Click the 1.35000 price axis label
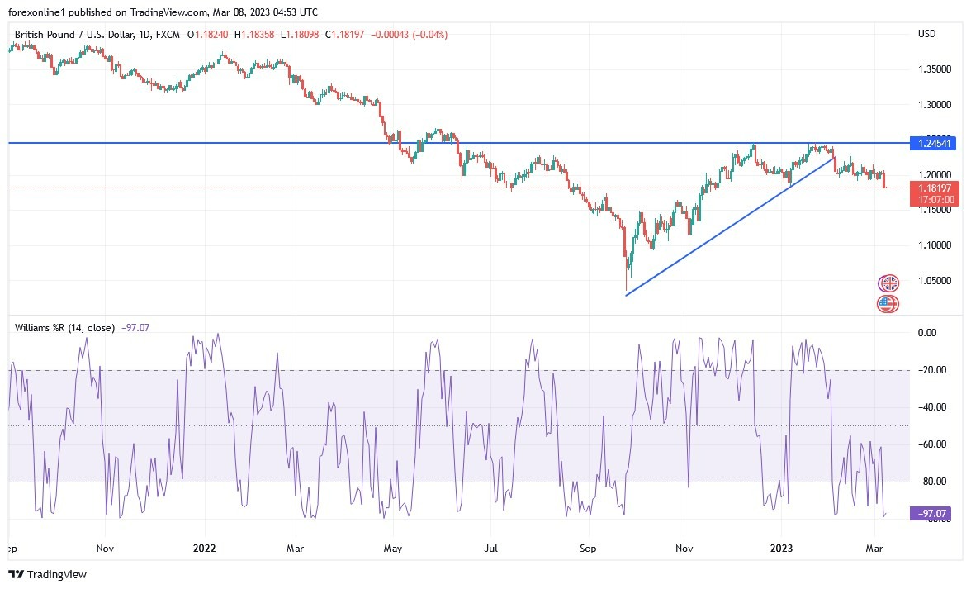(935, 69)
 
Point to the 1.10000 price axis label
(935, 245)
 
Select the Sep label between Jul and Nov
(587, 548)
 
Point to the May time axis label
(393, 548)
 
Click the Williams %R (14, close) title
(64, 328)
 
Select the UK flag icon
(888, 283)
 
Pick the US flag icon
(888, 304)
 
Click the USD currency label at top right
(926, 34)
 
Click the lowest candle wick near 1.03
(626, 285)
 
